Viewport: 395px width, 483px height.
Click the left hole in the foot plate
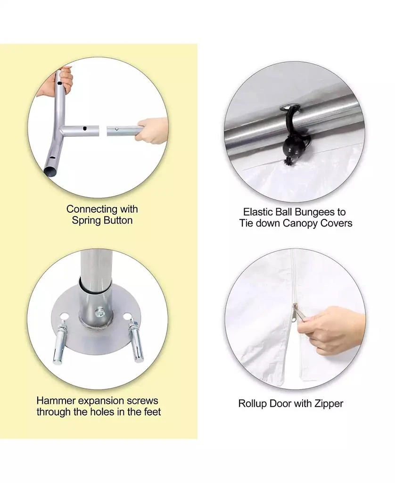tap(64, 316)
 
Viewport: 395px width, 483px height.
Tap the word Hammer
tap(56, 400)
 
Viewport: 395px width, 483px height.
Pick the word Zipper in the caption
tap(328, 404)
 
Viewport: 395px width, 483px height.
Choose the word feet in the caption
tap(152, 412)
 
